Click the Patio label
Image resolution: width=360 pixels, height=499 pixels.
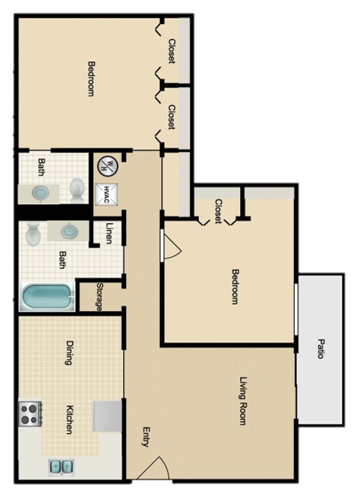point(320,349)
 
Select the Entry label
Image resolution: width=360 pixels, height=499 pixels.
point(145,437)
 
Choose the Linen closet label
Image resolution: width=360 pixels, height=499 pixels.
point(108,232)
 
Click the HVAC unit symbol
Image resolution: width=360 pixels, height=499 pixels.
point(106,193)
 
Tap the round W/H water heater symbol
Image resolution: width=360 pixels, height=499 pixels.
point(107,165)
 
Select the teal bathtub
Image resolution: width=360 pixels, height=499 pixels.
point(47,297)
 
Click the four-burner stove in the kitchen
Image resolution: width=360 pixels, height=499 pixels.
point(29,414)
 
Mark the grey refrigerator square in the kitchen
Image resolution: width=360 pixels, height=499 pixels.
point(107,415)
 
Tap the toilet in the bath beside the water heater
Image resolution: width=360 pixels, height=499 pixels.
point(76,191)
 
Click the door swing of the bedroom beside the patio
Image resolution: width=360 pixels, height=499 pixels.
point(170,248)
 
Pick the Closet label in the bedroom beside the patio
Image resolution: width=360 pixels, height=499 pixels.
point(218,211)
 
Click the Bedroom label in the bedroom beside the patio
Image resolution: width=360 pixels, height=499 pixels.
point(234,287)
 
